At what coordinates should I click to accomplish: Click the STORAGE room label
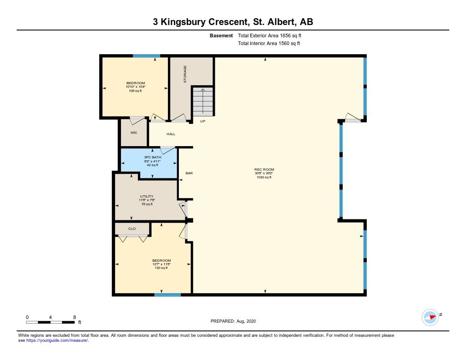(x=185, y=74)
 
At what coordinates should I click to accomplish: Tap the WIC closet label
(x=134, y=132)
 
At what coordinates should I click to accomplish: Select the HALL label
(x=171, y=134)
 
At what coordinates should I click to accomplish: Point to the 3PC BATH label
(x=153, y=157)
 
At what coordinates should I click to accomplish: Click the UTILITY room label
(x=147, y=197)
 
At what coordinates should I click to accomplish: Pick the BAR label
(x=189, y=173)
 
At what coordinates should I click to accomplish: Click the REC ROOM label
(x=264, y=169)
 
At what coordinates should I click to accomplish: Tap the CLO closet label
(x=132, y=228)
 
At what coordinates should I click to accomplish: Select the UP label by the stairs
(x=203, y=121)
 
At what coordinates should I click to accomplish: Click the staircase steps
(x=203, y=101)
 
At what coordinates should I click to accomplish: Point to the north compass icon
(x=431, y=317)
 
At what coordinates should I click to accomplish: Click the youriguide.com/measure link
(x=57, y=340)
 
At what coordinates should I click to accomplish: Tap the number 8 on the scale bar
(x=75, y=317)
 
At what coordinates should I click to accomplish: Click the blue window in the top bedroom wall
(x=147, y=56)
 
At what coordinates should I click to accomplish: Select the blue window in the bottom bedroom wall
(x=167, y=294)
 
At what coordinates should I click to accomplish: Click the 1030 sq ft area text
(x=264, y=177)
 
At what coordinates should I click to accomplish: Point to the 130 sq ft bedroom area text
(x=162, y=268)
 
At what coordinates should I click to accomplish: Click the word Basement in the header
(x=221, y=35)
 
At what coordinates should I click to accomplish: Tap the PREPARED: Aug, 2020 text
(x=233, y=321)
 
